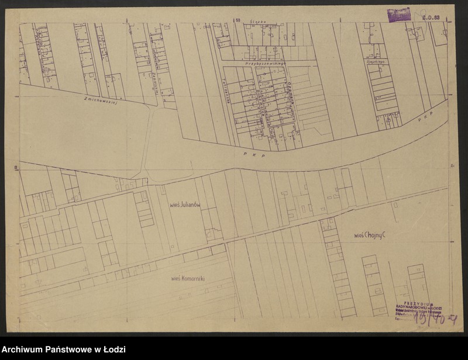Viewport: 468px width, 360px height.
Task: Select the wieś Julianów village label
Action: [185, 204]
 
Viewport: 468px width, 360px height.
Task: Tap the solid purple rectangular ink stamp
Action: [398, 15]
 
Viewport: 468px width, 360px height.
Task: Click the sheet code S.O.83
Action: [432, 19]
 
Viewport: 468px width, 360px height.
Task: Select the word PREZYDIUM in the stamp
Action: [417, 303]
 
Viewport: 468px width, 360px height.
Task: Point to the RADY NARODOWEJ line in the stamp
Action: [417, 308]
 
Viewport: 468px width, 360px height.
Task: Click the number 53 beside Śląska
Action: [238, 20]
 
